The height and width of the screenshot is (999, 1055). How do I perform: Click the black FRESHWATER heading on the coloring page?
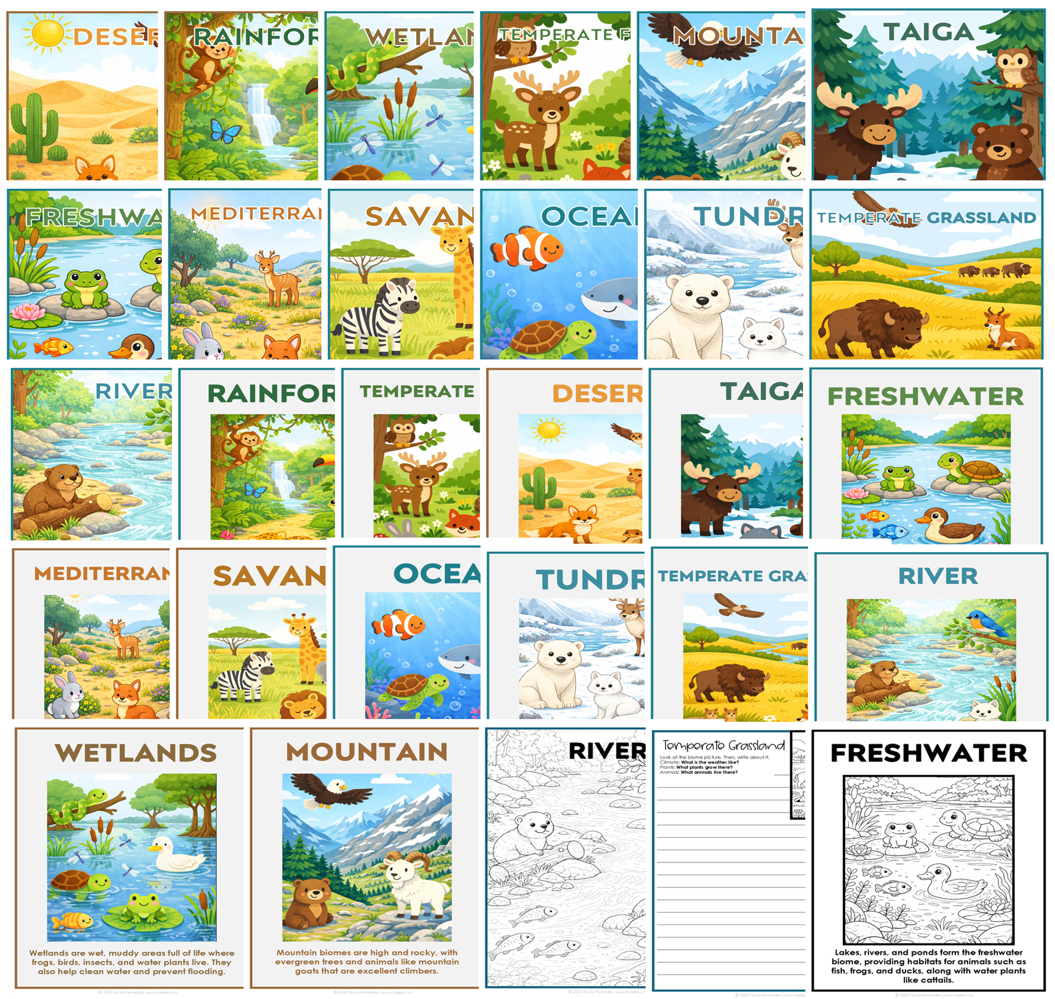click(929, 753)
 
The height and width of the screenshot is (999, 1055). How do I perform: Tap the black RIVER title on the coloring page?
click(607, 751)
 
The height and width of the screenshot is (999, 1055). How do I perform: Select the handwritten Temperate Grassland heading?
click(723, 746)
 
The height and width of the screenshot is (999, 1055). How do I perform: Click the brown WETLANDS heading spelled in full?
click(135, 753)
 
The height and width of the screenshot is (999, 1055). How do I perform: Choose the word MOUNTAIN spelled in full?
click(366, 752)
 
